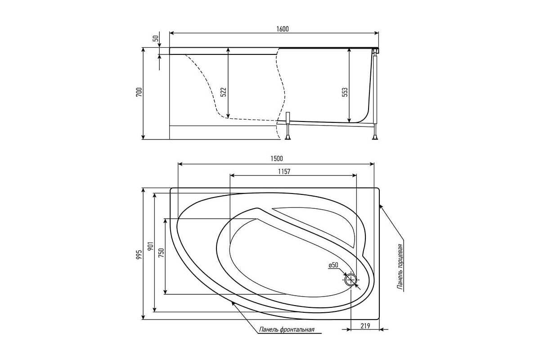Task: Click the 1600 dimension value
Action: point(283,29)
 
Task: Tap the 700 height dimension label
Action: point(139,92)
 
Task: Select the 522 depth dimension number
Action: point(224,92)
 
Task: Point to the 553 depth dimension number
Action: point(345,92)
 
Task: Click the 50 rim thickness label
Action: point(156,39)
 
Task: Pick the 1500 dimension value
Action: point(276,158)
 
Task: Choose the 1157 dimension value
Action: point(284,171)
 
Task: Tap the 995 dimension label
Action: point(139,255)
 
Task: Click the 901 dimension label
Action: point(151,246)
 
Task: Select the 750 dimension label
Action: point(161,252)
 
